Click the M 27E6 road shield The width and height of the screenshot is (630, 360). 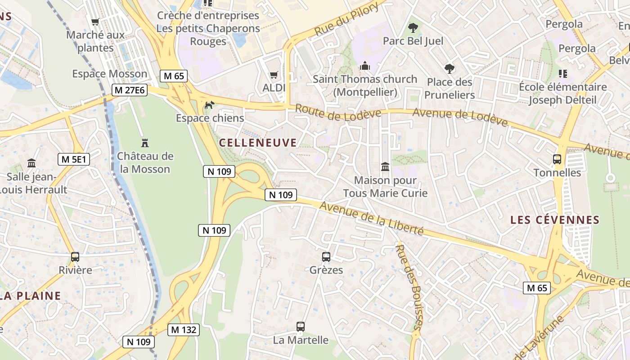[130, 90]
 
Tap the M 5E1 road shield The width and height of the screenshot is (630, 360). [74, 159]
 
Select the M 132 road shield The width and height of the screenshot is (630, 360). [184, 330]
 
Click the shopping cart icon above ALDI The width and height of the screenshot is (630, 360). [274, 75]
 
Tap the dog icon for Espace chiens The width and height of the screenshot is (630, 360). [209, 105]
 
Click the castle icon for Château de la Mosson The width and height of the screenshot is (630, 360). [145, 143]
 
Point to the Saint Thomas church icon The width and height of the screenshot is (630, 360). [364, 66]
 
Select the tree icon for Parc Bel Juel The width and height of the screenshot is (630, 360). [413, 28]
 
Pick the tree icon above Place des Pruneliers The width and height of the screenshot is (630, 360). [449, 69]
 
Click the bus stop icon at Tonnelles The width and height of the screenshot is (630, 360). [557, 159]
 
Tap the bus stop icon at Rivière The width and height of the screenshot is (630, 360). [75, 257]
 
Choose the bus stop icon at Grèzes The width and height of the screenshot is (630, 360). [326, 257]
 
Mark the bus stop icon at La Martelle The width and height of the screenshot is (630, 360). [301, 327]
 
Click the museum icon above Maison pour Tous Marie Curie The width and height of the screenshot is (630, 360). [385, 167]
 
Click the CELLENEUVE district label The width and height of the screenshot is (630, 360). [258, 143]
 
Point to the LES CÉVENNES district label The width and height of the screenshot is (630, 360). [555, 220]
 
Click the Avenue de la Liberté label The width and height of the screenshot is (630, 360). [371, 218]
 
